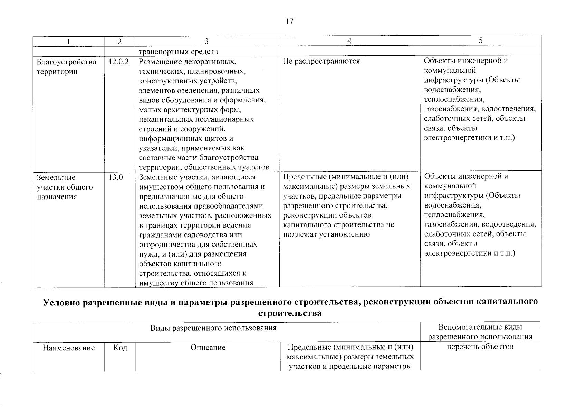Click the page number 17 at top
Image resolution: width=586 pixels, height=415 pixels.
289,22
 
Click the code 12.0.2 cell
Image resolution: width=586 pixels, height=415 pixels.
118,62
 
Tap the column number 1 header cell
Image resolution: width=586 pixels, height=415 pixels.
69,41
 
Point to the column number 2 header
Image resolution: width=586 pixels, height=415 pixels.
119,41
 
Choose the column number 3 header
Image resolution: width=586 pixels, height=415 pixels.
206,41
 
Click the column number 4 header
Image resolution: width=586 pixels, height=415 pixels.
349,41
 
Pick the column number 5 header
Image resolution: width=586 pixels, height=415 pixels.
480,40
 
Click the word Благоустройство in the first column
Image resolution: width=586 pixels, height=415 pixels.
66,62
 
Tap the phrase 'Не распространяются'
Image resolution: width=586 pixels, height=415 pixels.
321,61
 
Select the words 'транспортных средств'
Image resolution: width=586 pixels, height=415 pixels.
178,52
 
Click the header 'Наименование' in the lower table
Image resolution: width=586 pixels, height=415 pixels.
69,348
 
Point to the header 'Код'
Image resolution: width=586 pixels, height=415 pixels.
120,348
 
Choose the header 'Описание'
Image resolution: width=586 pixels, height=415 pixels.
208,348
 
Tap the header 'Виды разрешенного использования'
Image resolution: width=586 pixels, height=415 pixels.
213,328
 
